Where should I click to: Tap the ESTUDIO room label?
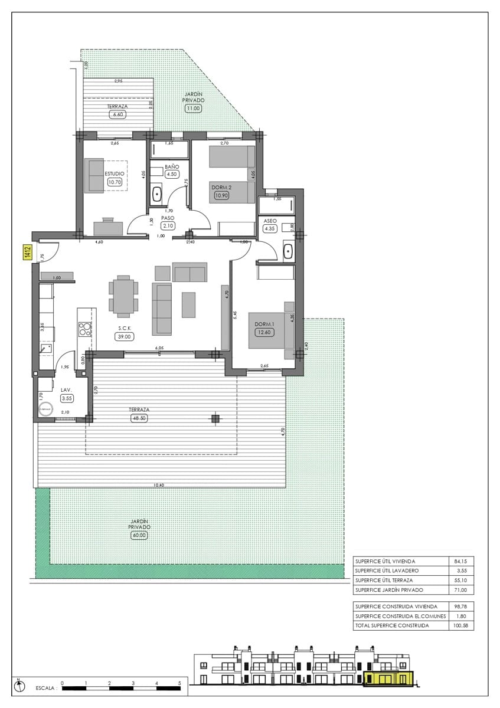click(x=114, y=173)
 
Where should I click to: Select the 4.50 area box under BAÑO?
click(x=172, y=175)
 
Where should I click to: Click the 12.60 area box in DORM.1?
click(x=263, y=332)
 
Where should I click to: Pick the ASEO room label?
click(x=270, y=221)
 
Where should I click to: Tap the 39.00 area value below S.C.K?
click(x=125, y=336)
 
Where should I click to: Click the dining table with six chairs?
click(x=123, y=296)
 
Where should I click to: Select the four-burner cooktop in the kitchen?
click(x=85, y=329)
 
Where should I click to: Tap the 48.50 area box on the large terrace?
click(x=139, y=418)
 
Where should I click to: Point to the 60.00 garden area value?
click(x=139, y=535)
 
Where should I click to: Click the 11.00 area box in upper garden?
click(x=194, y=108)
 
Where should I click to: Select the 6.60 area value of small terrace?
click(x=118, y=114)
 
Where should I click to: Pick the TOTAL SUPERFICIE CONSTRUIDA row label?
click(x=392, y=625)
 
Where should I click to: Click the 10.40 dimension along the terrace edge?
click(x=158, y=485)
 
